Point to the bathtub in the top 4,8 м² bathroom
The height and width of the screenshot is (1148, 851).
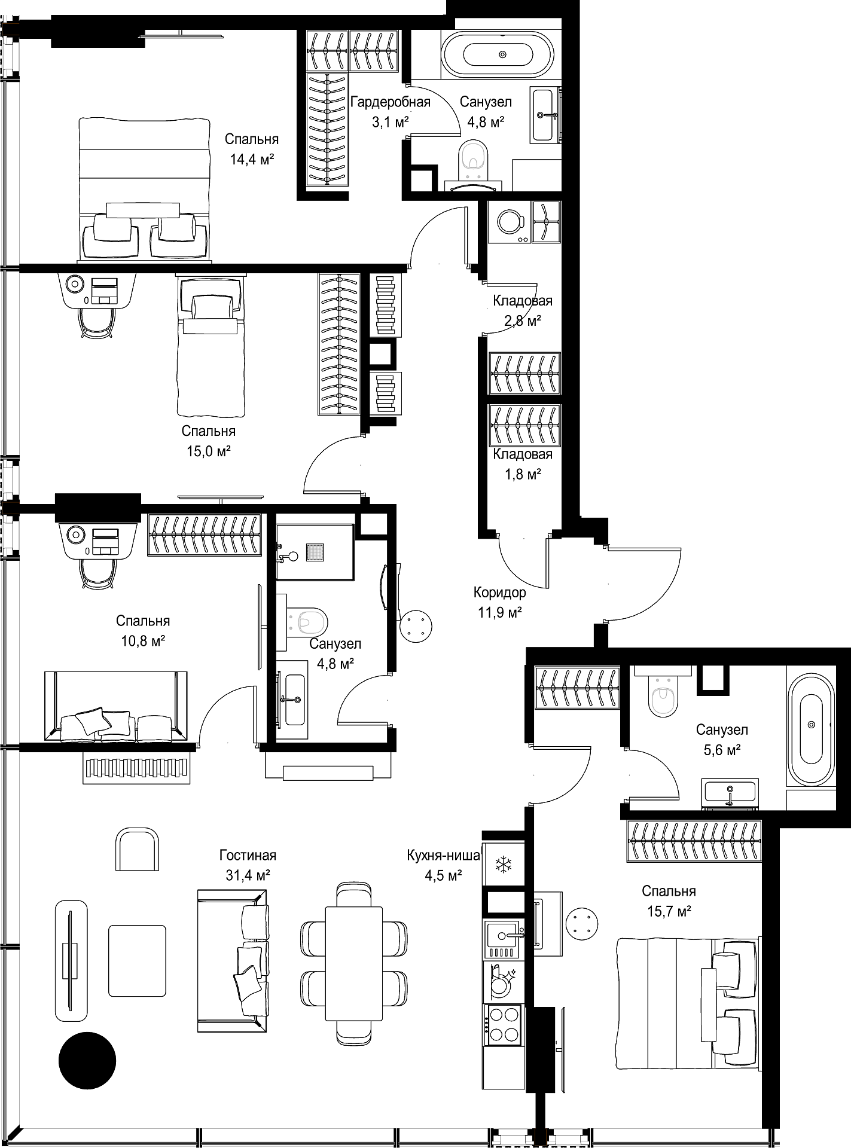click(501, 54)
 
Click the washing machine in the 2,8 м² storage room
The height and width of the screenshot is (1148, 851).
click(510, 221)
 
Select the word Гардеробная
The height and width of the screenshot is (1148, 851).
click(391, 102)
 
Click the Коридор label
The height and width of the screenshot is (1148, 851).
click(500, 593)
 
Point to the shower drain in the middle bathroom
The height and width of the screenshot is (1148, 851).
click(315, 552)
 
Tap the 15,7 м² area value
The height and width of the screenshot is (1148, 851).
click(669, 911)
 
